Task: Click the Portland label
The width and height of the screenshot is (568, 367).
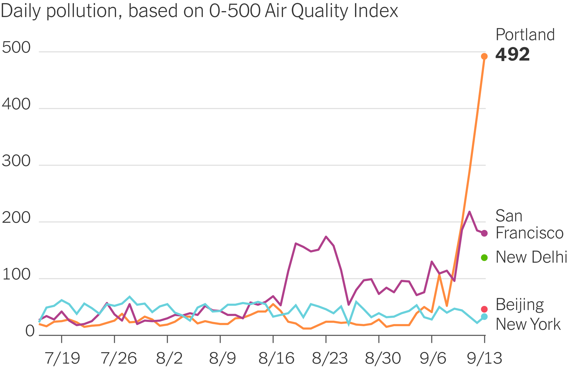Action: coord(525,35)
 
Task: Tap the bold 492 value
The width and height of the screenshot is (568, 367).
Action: coord(512,55)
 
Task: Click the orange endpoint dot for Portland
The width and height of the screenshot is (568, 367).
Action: coord(484,56)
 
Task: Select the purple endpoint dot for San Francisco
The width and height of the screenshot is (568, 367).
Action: coord(484,233)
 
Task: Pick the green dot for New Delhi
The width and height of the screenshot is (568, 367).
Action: coord(484,257)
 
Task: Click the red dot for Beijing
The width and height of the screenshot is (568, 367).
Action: coord(484,309)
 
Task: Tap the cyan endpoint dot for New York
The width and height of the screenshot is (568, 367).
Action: coord(484,316)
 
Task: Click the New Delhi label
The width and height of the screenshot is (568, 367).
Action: coord(531,257)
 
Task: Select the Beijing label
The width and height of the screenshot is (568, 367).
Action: coord(519,305)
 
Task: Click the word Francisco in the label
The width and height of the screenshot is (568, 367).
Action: coord(529,233)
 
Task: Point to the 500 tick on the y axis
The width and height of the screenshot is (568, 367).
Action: coord(16,48)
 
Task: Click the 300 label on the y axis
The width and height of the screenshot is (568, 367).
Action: coord(16,161)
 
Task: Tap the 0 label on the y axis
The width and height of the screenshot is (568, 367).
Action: coord(30,331)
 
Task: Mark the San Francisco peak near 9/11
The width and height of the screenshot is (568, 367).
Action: coord(469,212)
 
